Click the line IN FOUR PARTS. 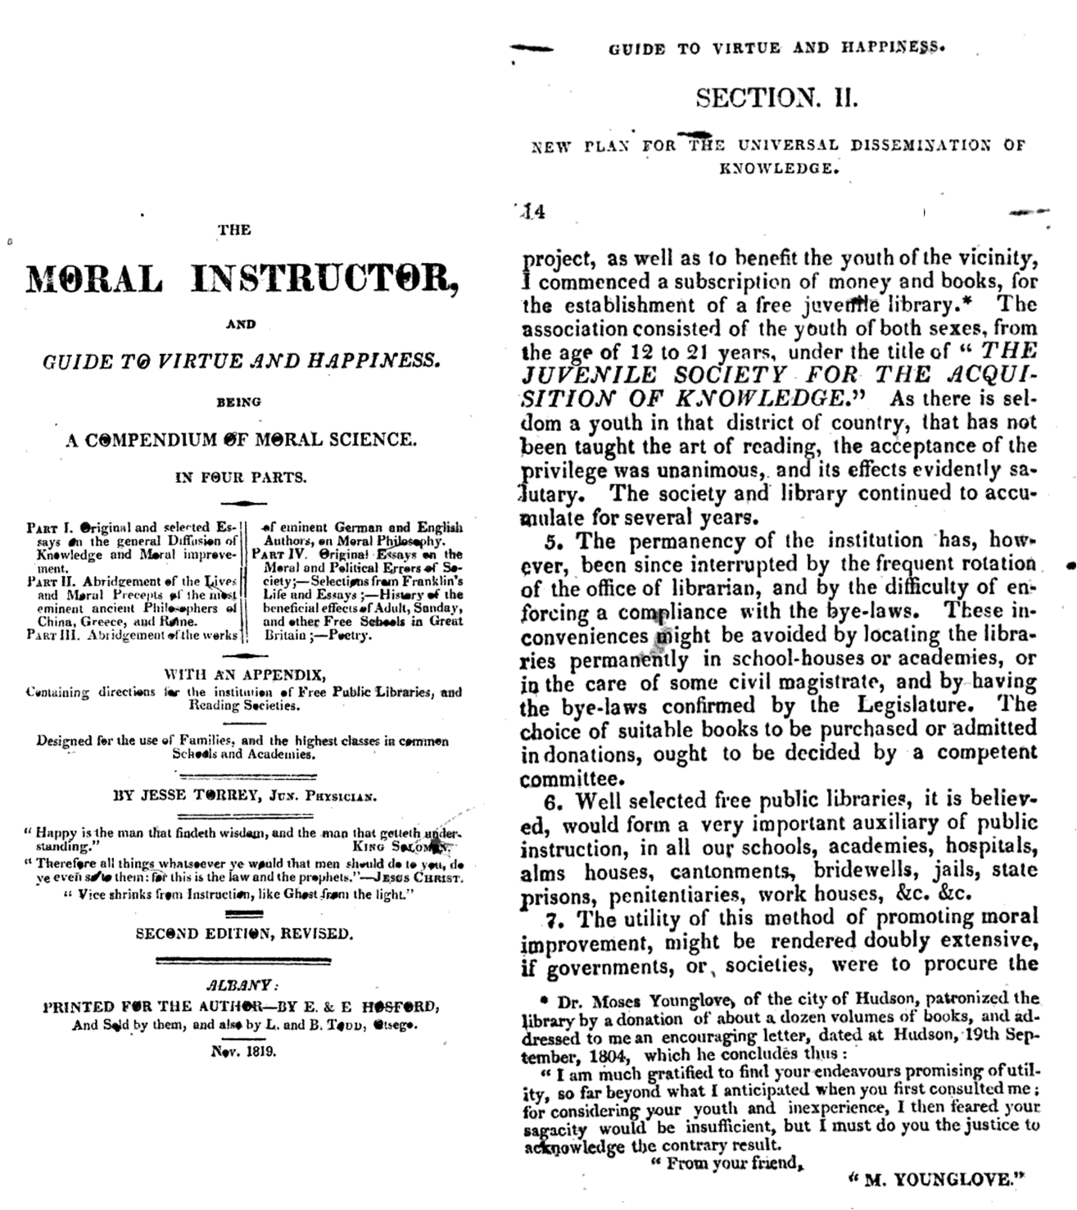(240, 476)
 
